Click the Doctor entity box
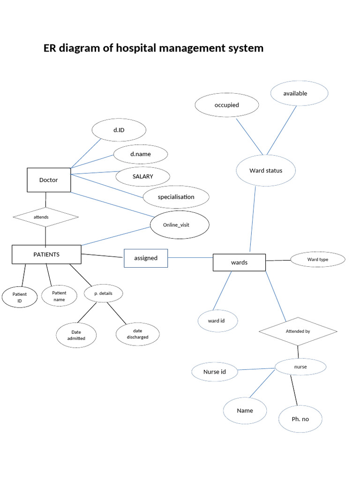tap(49, 180)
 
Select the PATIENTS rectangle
tap(46, 255)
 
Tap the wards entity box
tap(239, 262)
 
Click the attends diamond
tap(45, 217)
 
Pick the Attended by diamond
tap(298, 331)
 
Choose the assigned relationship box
tap(146, 258)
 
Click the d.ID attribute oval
tap(119, 130)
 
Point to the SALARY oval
tap(142, 176)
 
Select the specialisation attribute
tap(176, 197)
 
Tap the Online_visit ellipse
tap(179, 225)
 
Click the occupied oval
tap(227, 105)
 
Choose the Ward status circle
tap(266, 171)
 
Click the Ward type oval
tap(318, 259)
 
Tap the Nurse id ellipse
tap(215, 372)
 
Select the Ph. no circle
tap(300, 419)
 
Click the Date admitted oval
tap(77, 335)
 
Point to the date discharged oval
tap(137, 334)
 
